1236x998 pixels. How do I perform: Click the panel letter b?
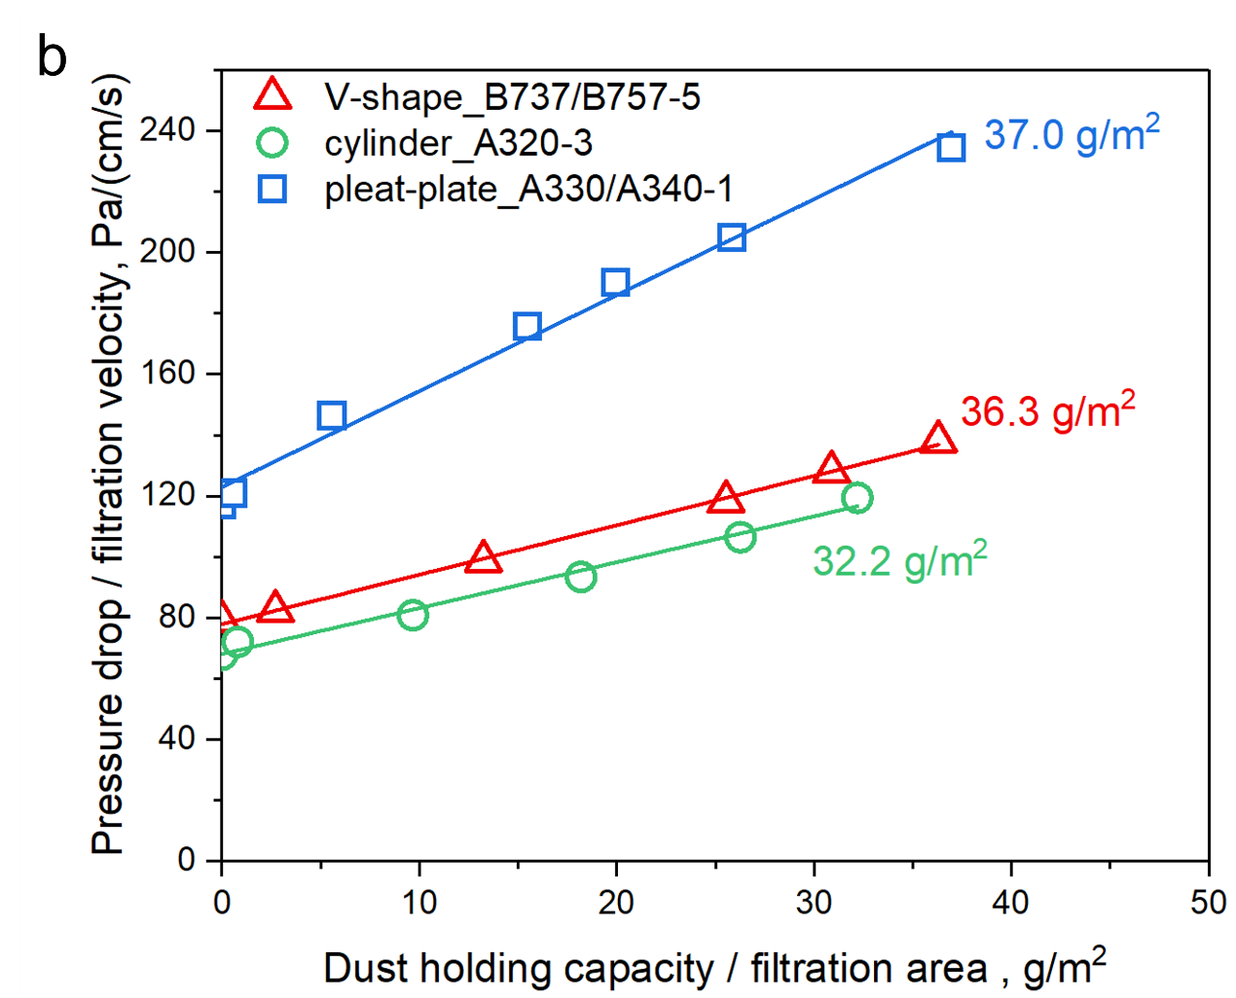click(52, 57)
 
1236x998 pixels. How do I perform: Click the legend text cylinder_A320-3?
click(458, 144)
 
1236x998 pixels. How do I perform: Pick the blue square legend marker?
click(273, 188)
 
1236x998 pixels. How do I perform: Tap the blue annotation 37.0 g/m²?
click(1072, 133)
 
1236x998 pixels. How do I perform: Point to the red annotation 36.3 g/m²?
click(1047, 410)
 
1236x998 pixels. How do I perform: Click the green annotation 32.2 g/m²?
click(899, 560)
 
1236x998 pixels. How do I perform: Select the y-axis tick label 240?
click(167, 129)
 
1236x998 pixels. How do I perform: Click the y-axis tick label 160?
click(167, 374)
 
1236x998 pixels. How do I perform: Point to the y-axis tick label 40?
click(176, 738)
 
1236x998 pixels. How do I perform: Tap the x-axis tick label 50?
click(1208, 903)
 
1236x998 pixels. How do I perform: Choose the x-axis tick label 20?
click(616, 903)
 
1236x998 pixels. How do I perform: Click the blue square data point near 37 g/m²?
click(951, 148)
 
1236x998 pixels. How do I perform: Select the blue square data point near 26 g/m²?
click(732, 237)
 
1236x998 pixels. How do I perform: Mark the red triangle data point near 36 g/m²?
click(938, 439)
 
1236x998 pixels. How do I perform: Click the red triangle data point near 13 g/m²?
click(484, 558)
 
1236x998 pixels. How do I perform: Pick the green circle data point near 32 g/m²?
click(856, 498)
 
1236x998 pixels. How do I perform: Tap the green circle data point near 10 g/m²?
click(413, 615)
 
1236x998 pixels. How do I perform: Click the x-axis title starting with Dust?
click(713, 968)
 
